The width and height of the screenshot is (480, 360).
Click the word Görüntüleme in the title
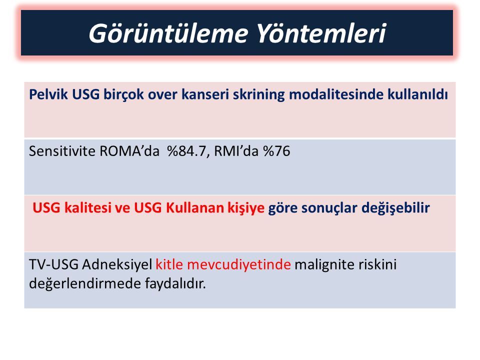click(x=168, y=33)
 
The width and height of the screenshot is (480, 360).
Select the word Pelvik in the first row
click(x=48, y=94)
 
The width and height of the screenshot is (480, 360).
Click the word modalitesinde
click(x=336, y=94)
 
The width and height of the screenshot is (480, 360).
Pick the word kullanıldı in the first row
click(x=417, y=94)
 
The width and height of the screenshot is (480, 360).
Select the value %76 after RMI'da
click(x=276, y=151)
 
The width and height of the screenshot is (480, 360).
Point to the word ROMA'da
click(x=129, y=151)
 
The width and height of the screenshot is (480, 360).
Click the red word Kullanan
click(x=195, y=208)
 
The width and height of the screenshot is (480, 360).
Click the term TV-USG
click(x=53, y=264)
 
